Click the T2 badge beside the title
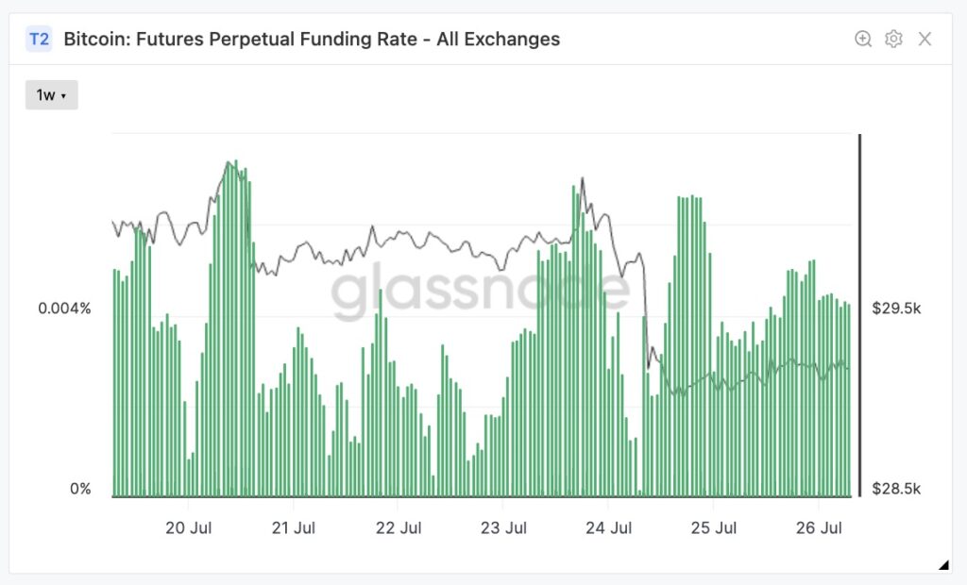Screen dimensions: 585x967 (39, 39)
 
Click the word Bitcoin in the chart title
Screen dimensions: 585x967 (93, 39)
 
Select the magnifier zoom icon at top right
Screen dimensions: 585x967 (863, 39)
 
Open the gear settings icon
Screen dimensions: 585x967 (893, 39)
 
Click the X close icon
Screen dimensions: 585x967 (925, 39)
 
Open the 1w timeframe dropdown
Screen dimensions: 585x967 (51, 95)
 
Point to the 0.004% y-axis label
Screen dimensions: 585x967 (64, 308)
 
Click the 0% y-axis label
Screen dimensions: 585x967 (79, 489)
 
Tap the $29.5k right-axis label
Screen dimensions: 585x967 (895, 308)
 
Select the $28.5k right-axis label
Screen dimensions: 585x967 (895, 489)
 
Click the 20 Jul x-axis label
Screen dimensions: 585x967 (189, 526)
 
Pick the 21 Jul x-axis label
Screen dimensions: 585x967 (293, 526)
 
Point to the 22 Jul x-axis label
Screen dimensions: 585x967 (398, 526)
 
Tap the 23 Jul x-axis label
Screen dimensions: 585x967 (502, 526)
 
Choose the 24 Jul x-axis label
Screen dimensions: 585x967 (609, 526)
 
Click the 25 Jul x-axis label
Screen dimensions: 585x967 (714, 526)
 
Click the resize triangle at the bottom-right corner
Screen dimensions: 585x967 (943, 565)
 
